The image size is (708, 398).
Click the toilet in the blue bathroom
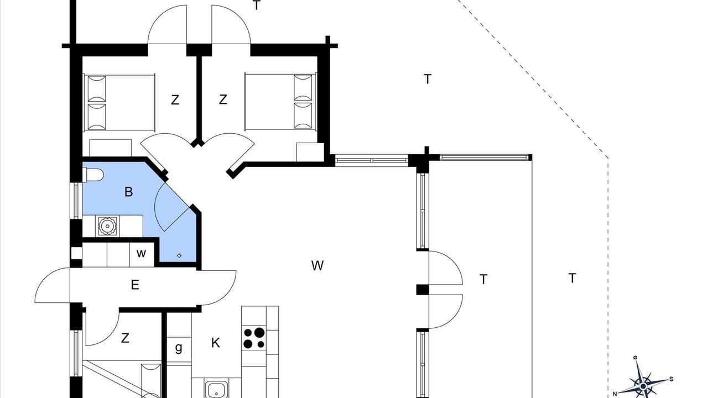[93, 175]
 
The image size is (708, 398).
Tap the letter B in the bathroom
[128, 192]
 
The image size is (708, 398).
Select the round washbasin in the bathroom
[107, 226]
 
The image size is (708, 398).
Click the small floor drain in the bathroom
[179, 255]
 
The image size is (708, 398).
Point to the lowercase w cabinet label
[141, 253]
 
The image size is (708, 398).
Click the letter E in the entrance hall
[135, 285]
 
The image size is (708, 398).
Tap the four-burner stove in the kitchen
[254, 338]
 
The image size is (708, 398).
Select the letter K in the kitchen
[216, 343]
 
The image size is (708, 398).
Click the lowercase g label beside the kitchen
[179, 348]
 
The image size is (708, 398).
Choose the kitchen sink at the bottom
[216, 389]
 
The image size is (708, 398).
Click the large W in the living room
[317, 266]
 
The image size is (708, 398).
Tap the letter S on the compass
[671, 379]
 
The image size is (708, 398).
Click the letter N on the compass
[615, 394]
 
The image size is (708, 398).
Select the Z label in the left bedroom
[175, 100]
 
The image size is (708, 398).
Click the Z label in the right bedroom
[223, 99]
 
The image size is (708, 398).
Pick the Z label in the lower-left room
[125, 338]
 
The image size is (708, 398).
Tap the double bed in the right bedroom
[280, 102]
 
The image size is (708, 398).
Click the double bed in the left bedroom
[119, 103]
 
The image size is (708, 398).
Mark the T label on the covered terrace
[483, 279]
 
